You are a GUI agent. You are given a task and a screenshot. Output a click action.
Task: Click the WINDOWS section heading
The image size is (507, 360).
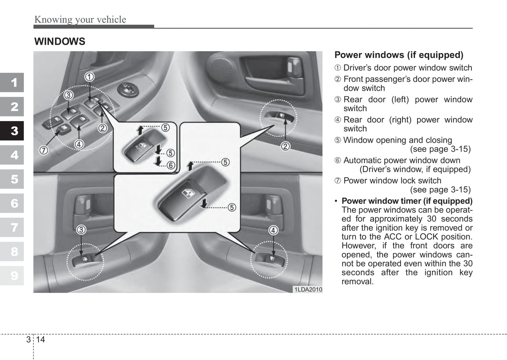60,42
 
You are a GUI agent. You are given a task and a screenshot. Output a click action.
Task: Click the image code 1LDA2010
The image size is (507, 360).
308,289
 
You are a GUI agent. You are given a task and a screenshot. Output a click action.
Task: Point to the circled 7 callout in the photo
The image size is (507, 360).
44,151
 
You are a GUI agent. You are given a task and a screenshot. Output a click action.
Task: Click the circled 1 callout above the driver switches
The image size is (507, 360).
89,76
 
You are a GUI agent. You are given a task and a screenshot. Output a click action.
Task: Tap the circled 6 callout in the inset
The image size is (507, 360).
171,165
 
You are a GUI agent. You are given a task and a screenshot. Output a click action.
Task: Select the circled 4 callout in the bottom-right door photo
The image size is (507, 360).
273,231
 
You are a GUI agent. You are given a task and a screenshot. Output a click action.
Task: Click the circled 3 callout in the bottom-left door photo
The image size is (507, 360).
81,230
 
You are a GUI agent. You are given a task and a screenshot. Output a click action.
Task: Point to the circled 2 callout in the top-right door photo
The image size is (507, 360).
286,146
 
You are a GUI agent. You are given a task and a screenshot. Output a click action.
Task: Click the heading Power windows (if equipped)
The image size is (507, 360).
399,55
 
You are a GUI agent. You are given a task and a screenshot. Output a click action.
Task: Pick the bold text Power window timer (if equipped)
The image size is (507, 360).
407,201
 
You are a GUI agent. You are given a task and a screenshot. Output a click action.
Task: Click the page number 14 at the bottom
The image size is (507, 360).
40,340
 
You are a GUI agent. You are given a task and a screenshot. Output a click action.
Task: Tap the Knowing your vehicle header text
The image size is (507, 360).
80,20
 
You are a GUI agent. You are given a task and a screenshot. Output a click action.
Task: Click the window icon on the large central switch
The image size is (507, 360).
186,193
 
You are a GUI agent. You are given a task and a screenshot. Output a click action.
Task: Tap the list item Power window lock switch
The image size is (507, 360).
392,181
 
